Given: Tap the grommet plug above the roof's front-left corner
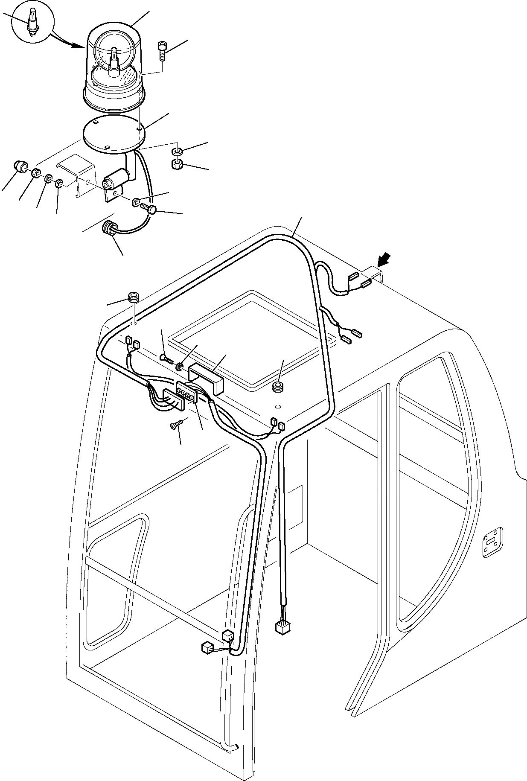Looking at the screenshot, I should pyautogui.click(x=134, y=296).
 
